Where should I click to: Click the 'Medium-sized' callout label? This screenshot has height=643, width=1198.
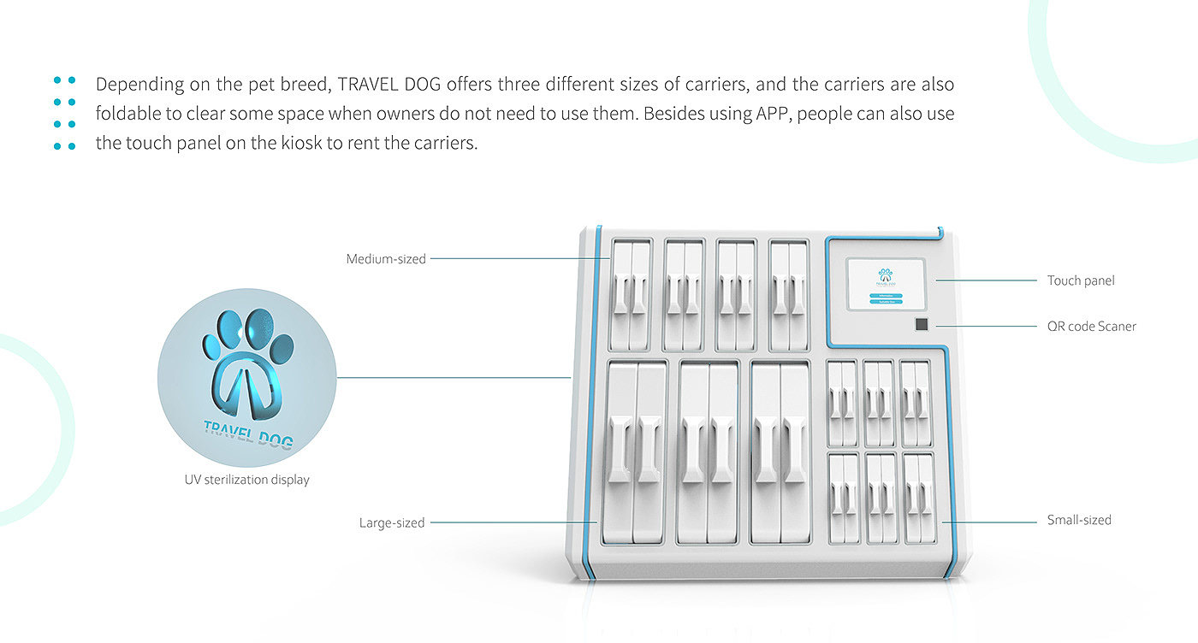click(x=386, y=258)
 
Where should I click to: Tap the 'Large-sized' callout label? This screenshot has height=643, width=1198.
click(x=392, y=522)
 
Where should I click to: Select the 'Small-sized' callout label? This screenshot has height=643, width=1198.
click(x=1079, y=520)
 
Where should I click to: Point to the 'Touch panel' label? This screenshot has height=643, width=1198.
click(x=1081, y=280)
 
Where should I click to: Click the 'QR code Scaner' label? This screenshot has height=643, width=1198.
click(x=1091, y=326)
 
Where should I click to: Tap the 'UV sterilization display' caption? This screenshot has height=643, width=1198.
click(x=247, y=480)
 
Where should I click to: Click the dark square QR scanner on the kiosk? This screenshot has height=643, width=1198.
click(x=921, y=325)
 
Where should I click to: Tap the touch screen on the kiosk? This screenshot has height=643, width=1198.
click(x=885, y=282)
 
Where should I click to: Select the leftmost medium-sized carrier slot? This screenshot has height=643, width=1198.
click(x=630, y=295)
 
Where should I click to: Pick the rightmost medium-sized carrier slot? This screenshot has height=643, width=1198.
click(x=788, y=295)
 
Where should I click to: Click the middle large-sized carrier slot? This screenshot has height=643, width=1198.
click(x=709, y=452)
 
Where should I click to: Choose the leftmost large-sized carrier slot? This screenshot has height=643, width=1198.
click(x=635, y=452)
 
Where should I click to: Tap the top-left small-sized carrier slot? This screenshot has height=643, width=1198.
click(x=842, y=403)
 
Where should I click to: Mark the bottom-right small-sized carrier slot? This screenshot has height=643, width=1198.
click(x=918, y=498)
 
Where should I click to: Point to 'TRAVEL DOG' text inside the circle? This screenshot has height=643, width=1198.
click(x=248, y=434)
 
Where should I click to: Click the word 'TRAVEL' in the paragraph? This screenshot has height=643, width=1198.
click(x=366, y=85)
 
